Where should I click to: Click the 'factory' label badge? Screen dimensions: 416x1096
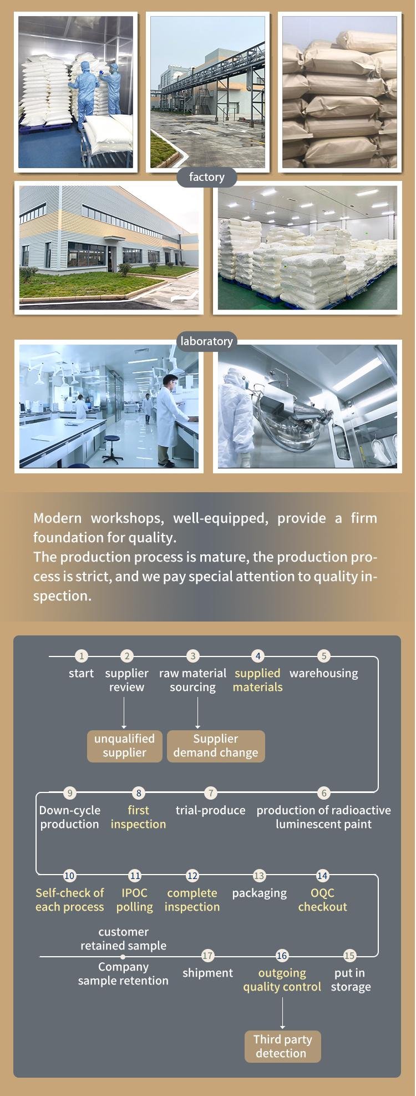coord(207,177)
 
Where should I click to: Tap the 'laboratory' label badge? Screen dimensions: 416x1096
coord(207,341)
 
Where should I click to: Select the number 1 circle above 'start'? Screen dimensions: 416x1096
coord(82,656)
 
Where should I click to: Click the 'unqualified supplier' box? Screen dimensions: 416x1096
coord(124,746)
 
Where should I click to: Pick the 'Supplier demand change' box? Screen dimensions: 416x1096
coord(216,746)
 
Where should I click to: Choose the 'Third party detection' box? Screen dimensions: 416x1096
coord(282,1046)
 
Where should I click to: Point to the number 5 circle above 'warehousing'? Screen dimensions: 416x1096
coord(324,656)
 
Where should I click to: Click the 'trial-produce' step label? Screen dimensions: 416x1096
coord(211,810)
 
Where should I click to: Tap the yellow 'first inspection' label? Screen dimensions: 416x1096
coord(138,817)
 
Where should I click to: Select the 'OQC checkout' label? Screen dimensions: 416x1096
coord(323,900)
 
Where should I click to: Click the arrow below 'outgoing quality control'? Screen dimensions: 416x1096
coord(282,1013)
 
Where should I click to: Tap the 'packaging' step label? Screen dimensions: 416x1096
coord(260,893)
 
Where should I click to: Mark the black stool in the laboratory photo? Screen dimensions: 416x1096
coord(112,448)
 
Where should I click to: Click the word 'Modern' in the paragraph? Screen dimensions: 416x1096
coord(57,518)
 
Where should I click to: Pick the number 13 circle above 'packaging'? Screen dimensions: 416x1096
coord(259,876)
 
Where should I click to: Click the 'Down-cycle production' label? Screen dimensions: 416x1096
coord(70,817)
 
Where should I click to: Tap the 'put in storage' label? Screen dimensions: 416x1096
coord(351,979)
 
